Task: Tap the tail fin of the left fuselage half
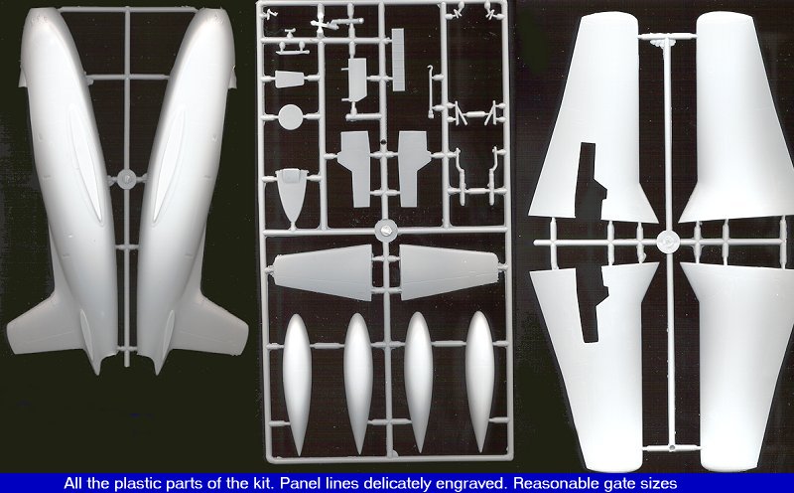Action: tap(43, 325)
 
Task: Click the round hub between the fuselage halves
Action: tap(126, 179)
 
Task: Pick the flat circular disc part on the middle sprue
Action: tap(291, 117)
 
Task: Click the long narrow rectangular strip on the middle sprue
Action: tap(398, 60)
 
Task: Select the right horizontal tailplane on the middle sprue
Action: tap(450, 272)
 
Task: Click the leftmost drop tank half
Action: tap(297, 385)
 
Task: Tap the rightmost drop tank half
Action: tap(479, 382)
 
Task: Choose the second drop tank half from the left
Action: tap(358, 383)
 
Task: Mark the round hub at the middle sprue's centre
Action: tap(386, 230)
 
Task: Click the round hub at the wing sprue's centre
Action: tap(667, 242)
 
